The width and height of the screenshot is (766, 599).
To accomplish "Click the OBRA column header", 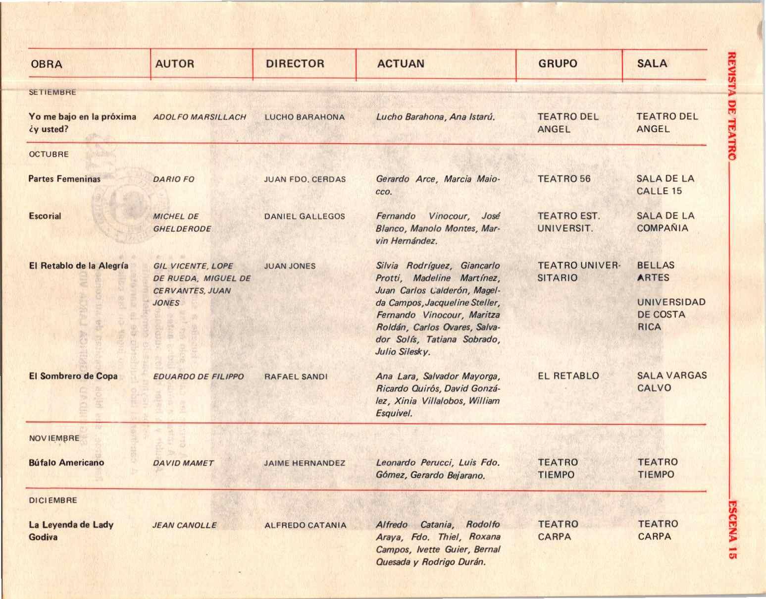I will [x=47, y=64].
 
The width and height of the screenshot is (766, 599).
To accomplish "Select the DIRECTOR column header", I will [x=295, y=64].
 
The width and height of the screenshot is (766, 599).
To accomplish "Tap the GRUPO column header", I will [x=558, y=64].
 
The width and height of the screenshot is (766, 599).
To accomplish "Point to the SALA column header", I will [x=652, y=63].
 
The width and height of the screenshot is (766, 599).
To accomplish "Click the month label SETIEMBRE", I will [x=52, y=92].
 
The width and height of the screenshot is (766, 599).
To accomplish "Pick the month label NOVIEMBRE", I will [x=54, y=438].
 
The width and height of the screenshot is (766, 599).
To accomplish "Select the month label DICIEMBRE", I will [x=53, y=500].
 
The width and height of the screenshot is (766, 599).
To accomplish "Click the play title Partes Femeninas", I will [x=64, y=179].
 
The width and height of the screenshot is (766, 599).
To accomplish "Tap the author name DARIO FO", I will [x=174, y=179].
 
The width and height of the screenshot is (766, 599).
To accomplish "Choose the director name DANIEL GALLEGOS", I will [x=305, y=217].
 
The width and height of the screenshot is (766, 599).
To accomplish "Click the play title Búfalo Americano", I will [x=66, y=463].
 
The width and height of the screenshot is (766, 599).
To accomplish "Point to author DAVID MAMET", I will [x=183, y=463].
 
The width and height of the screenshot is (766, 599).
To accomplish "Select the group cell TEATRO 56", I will [x=564, y=179].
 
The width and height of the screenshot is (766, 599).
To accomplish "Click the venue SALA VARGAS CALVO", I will [x=671, y=381].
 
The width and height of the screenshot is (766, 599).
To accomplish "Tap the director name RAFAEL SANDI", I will [x=296, y=377].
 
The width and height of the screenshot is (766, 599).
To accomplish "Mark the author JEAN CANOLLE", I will [x=184, y=525].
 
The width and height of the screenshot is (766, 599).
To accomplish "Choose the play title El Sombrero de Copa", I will [x=73, y=376].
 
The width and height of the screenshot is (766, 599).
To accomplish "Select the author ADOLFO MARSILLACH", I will [x=200, y=117].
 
